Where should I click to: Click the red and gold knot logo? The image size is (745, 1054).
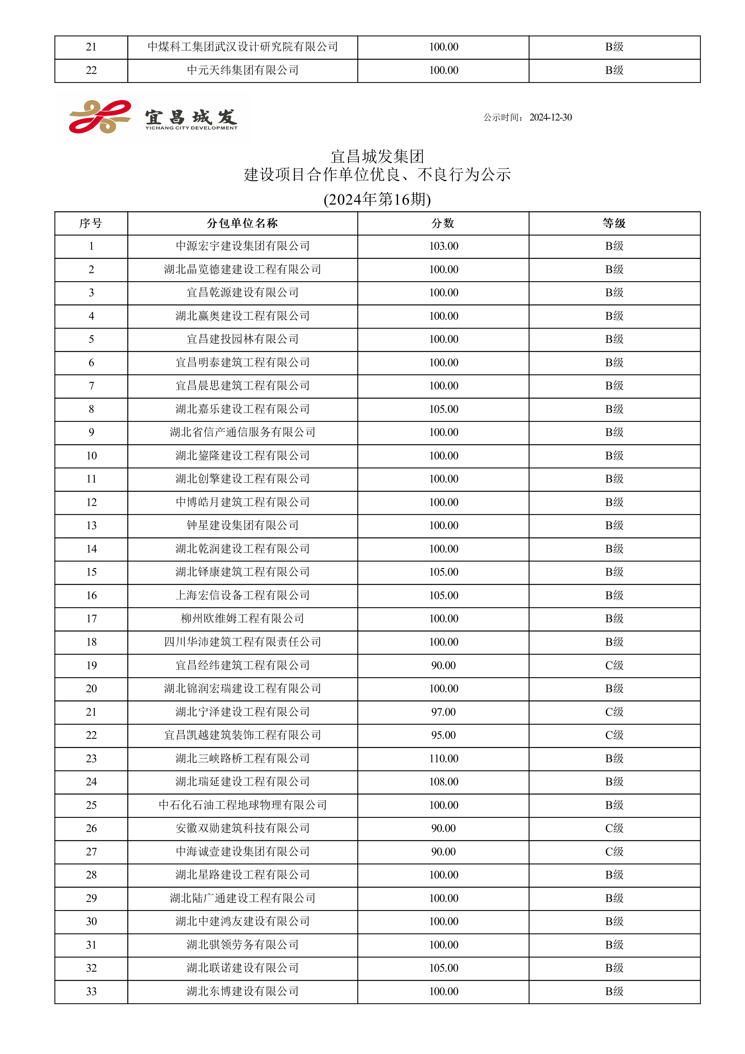[99, 117]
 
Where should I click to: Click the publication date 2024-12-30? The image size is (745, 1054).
[550, 117]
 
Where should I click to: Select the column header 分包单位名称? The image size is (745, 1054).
[242, 224]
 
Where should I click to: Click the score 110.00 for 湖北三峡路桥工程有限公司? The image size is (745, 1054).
[443, 758]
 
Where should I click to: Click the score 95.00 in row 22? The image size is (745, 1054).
[443, 735]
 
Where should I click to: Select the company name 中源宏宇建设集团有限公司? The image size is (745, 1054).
[242, 246]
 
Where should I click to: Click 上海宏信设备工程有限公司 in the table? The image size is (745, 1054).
[242, 596]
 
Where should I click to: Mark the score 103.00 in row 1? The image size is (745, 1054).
[443, 246]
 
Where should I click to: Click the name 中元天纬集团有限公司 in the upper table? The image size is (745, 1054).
[242, 70]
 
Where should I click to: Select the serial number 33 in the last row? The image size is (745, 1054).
[91, 991]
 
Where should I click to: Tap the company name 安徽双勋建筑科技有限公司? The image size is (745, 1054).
[242, 828]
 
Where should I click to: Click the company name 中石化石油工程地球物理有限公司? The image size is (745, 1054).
[242, 805]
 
